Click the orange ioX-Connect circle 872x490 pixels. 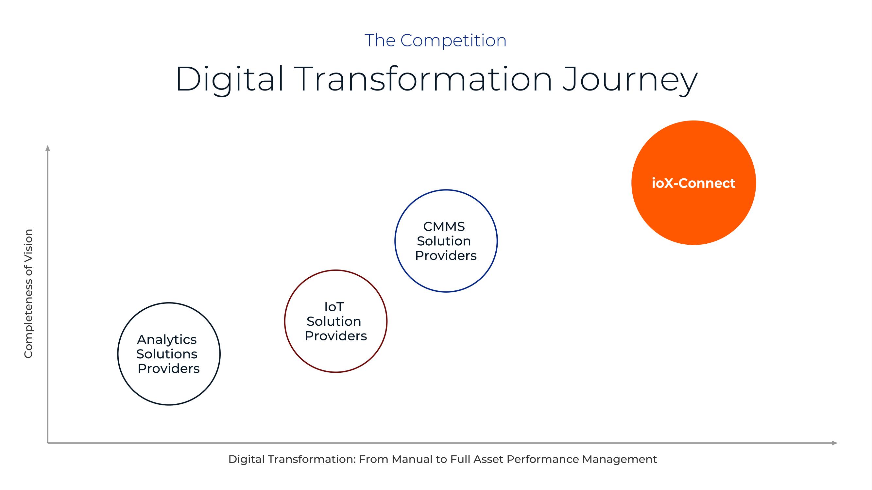(x=693, y=183)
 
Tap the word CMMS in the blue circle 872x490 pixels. (x=444, y=227)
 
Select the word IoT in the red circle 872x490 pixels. (x=334, y=307)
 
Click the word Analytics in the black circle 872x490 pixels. (x=166, y=340)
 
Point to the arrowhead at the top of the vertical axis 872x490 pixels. (x=48, y=148)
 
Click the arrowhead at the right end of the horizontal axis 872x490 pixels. (x=835, y=443)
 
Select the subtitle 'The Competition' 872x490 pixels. (x=435, y=41)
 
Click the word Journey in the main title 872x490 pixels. (x=630, y=80)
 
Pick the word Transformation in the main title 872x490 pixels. (x=423, y=79)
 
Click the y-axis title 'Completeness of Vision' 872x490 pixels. (x=28, y=294)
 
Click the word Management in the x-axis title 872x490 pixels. (x=619, y=459)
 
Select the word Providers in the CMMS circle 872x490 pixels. (x=446, y=256)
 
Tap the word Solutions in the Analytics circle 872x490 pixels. (x=166, y=354)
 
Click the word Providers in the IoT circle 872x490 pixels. (x=336, y=336)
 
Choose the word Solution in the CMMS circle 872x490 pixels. (x=444, y=241)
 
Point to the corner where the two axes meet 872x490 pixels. (x=48, y=443)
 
